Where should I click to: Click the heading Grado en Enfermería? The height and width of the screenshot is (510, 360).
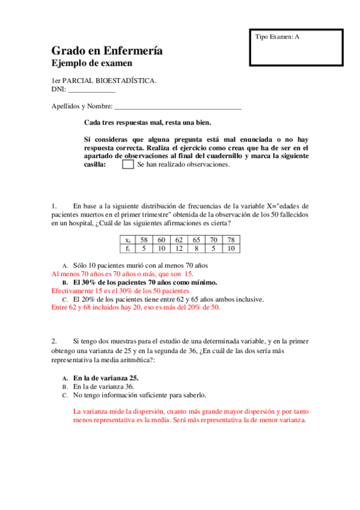[106, 51]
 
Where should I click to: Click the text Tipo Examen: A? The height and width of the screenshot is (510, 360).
[277, 37]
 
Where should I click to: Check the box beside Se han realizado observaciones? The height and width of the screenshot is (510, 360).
[127, 164]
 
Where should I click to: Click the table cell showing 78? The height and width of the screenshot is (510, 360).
[231, 239]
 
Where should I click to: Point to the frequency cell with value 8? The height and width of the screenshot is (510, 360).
[196, 248]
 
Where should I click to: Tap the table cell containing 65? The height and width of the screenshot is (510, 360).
[196, 239]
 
